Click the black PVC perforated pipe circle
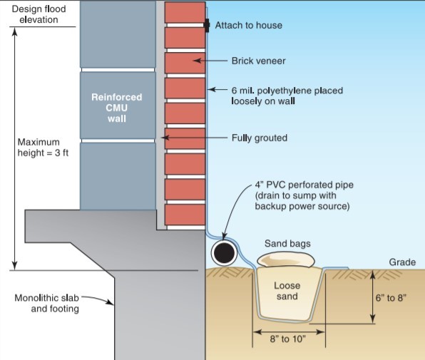(x=224, y=253)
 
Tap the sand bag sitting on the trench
(x=286, y=260)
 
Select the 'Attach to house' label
(x=249, y=25)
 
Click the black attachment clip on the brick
(x=207, y=25)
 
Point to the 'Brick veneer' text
(x=258, y=61)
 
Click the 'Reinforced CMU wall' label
(x=117, y=108)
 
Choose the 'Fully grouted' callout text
(x=260, y=138)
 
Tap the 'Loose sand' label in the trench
(x=287, y=291)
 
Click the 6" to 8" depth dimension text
(x=391, y=298)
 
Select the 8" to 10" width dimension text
(x=288, y=339)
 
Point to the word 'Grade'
(x=402, y=262)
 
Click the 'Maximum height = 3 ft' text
(x=43, y=148)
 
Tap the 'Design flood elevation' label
(x=39, y=14)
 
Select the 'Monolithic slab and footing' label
(x=46, y=303)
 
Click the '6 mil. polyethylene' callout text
(x=287, y=96)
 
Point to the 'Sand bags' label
(x=287, y=244)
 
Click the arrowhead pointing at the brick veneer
(x=197, y=61)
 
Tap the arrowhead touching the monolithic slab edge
(x=111, y=302)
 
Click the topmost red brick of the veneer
(x=185, y=12)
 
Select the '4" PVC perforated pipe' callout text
(x=304, y=195)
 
